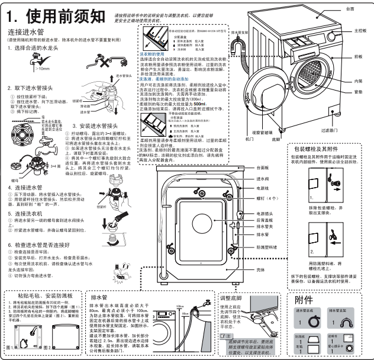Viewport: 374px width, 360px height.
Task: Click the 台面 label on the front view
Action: [350, 9]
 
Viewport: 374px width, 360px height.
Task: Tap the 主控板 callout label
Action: [359, 30]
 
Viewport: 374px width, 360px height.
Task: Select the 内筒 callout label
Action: [358, 81]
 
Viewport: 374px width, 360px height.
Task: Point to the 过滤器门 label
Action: [345, 130]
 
